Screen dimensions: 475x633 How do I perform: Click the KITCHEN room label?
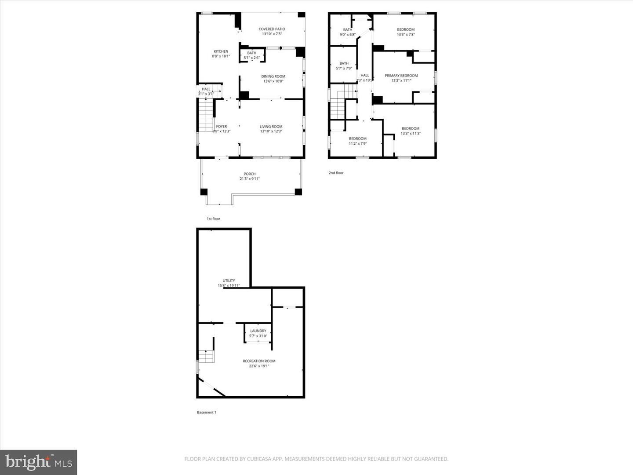tap(221, 51)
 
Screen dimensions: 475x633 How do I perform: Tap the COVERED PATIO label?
tap(272, 29)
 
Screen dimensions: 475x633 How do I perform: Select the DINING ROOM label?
tap(273, 76)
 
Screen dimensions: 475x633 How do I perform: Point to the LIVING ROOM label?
tap(271, 127)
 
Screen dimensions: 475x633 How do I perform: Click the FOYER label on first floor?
tap(222, 127)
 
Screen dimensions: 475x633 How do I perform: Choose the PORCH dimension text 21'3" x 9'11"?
tap(250, 179)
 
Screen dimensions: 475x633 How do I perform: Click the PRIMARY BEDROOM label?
tap(401, 76)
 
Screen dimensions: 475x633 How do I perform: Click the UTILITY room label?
tap(229, 281)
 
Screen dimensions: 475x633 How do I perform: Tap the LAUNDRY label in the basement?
tap(258, 331)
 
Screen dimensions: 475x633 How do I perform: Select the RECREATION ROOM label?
tap(259, 361)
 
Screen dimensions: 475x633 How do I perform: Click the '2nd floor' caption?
tap(336, 173)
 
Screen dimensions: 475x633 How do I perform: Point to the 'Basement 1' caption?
tap(206, 413)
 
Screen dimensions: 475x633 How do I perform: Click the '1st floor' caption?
tap(213, 219)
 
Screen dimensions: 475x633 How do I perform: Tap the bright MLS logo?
tap(39, 462)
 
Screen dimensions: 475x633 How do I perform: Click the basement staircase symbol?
tap(206, 356)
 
